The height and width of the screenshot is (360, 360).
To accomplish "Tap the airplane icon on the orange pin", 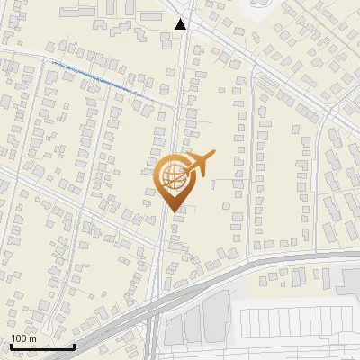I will click(x=200, y=163).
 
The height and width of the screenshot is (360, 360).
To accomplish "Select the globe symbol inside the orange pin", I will click(x=171, y=174).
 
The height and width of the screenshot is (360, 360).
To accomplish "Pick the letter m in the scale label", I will click(x=33, y=338).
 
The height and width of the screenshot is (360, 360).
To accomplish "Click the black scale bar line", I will click(x=40, y=346).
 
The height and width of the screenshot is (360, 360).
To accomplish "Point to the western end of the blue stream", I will click(x=51, y=63).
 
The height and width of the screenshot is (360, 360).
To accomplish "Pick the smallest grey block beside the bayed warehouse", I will click(x=173, y=330).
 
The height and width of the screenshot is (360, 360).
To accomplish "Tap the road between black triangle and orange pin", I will click(x=180, y=99).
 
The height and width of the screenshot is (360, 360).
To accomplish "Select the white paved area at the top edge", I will click(x=261, y=7).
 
